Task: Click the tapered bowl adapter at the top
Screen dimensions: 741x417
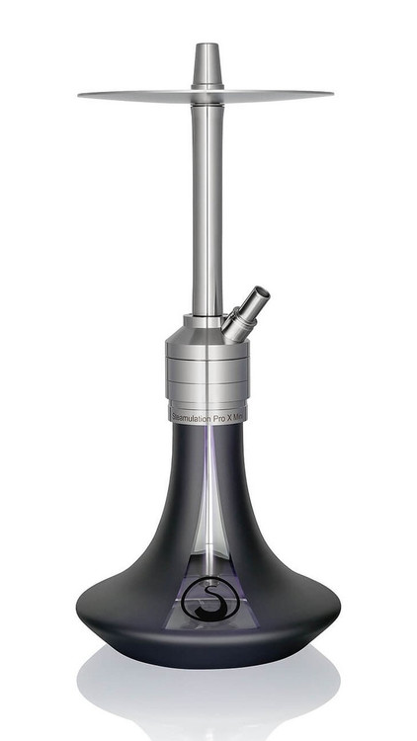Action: coord(207,65)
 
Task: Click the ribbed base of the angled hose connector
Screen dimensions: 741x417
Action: coord(234,321)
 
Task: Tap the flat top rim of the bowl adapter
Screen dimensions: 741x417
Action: coord(207,44)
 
